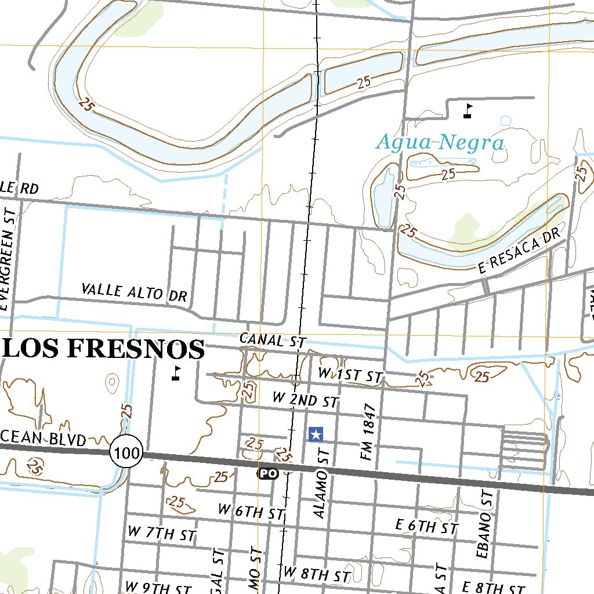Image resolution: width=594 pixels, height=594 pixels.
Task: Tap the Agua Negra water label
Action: click(440, 142)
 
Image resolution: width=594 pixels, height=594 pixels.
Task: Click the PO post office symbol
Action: click(267, 474)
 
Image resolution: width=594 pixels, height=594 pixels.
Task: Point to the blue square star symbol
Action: click(316, 433)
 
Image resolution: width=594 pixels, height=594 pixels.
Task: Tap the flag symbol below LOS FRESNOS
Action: click(176, 373)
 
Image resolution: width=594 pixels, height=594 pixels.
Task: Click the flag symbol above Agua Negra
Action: click(468, 110)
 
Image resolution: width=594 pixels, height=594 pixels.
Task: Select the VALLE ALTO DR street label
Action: click(134, 292)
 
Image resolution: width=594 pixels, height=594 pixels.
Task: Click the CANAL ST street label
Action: click(272, 341)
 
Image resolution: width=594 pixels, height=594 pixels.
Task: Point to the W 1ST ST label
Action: click(350, 376)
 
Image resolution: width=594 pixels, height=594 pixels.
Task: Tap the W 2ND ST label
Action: click(305, 400)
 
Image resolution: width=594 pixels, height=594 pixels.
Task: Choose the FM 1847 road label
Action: click(368, 432)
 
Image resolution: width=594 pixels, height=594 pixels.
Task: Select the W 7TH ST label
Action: click(162, 533)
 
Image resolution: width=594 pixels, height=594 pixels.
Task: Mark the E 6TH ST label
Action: click(426, 527)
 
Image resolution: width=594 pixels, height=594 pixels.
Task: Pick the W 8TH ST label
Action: click(316, 574)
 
